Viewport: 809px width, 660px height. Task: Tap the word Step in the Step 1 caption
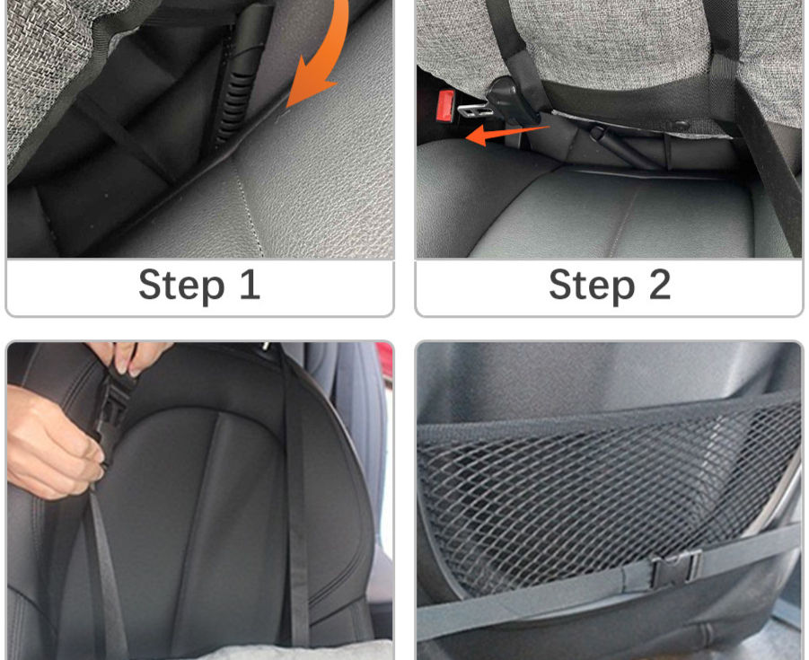click(181, 285)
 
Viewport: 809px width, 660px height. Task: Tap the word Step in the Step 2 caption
click(592, 286)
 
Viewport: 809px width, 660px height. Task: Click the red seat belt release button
click(445, 105)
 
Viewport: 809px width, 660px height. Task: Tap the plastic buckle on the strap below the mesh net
click(676, 569)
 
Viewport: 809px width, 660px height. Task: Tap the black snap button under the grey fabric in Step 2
click(681, 125)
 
